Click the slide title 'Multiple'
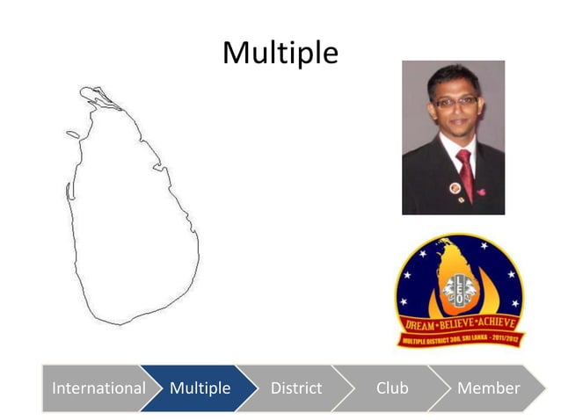pos(280,53)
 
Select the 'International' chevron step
pos(98,387)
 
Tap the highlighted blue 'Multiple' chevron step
pos(200,387)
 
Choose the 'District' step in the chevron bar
pos(296,387)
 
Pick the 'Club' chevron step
pos(392,387)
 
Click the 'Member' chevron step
pos(489,387)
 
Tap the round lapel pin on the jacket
pos(455,188)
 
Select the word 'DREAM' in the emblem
pos(420,324)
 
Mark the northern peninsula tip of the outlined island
pos(85,90)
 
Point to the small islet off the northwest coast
pos(71,135)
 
